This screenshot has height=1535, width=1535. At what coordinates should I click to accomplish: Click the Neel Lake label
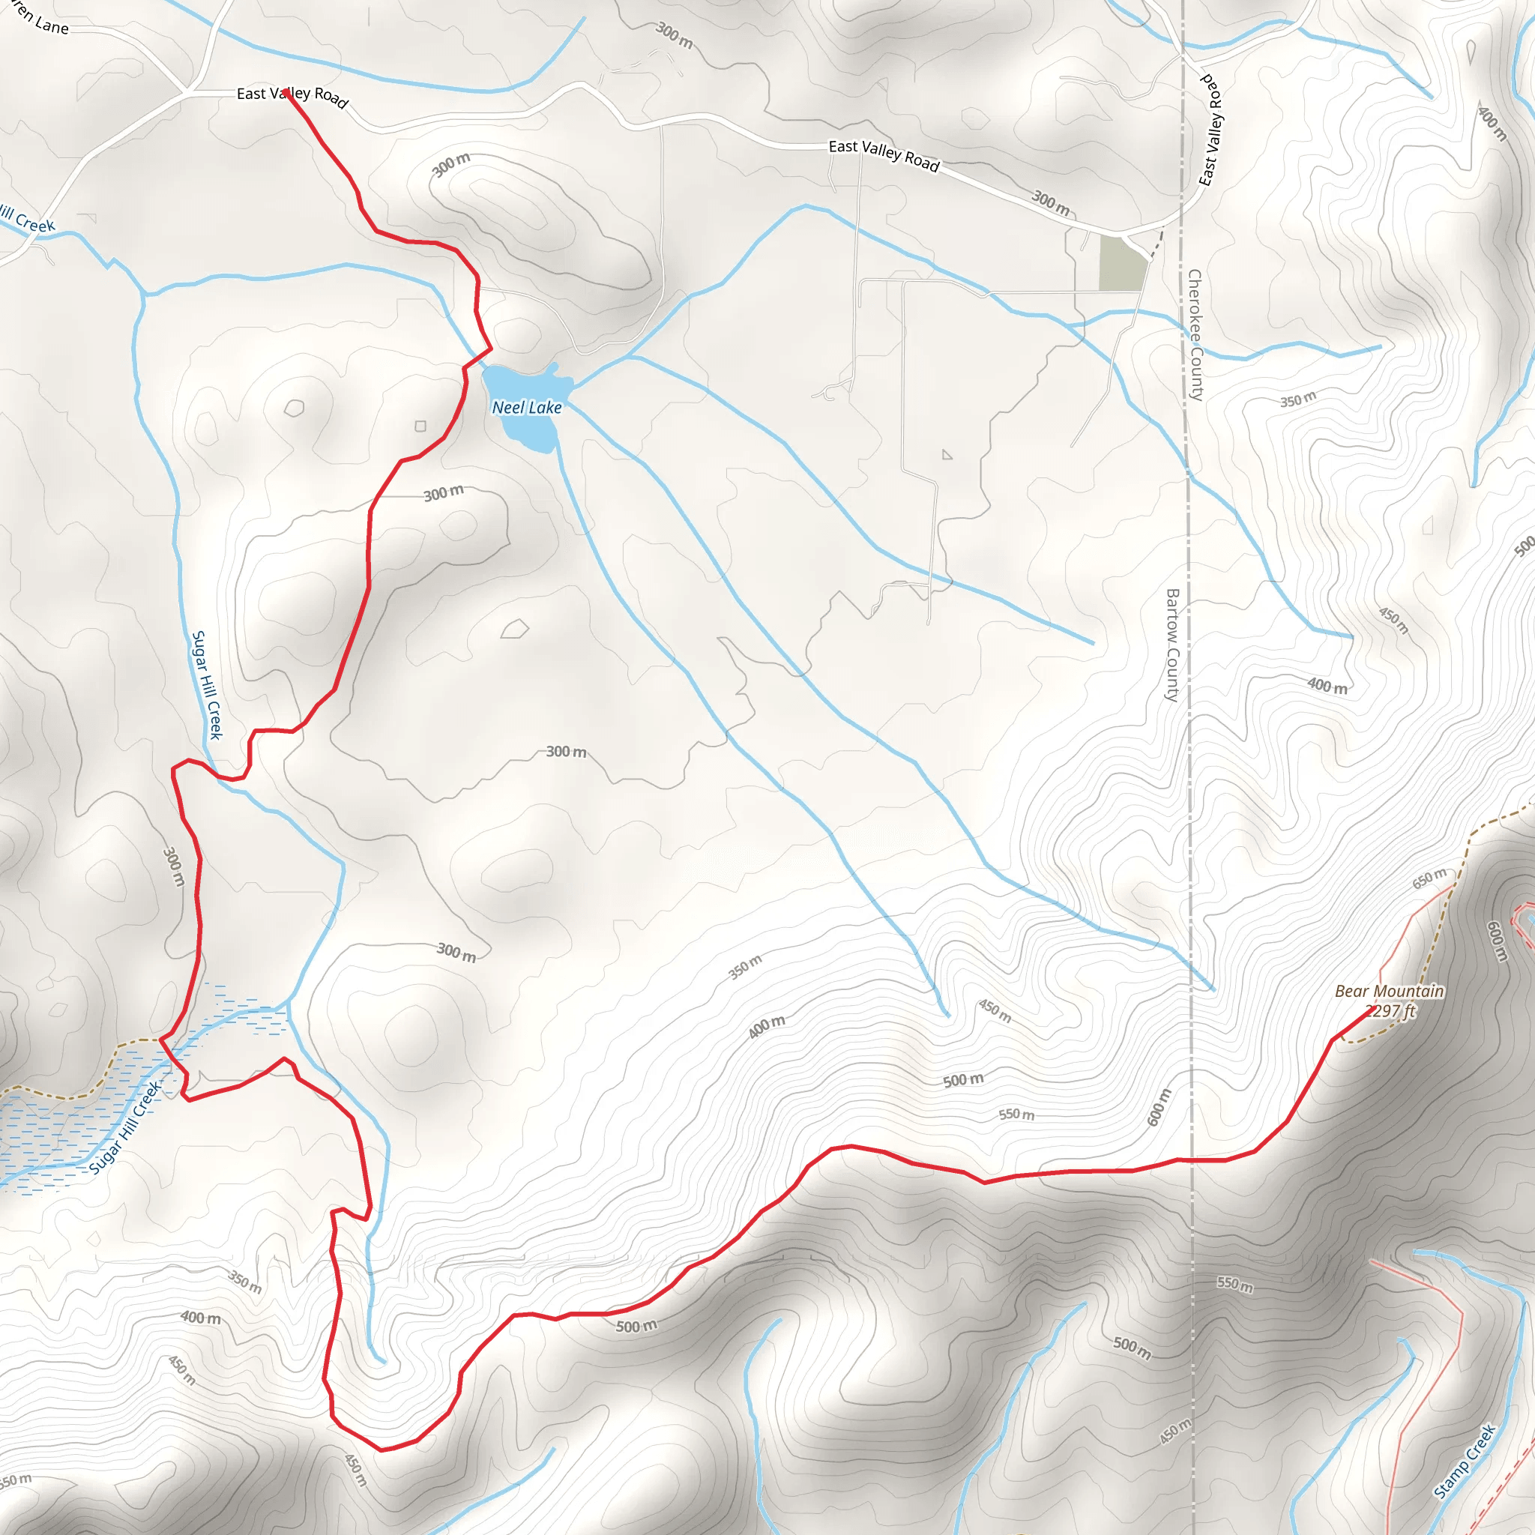tap(527, 408)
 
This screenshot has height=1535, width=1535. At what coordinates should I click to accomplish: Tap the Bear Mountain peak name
tap(1389, 991)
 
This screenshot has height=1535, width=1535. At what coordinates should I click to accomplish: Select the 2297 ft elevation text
tap(1390, 1010)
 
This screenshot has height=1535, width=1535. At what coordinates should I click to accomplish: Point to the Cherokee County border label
tap(1195, 334)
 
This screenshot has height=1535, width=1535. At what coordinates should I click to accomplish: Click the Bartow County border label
tap(1172, 645)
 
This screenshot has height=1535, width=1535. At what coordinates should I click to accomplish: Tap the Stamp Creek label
tap(1465, 1461)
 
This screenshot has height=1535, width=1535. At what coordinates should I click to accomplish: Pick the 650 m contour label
tap(1429, 878)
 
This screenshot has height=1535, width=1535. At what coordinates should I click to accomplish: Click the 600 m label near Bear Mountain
tap(1496, 941)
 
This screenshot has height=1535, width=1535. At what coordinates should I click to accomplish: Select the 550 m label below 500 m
tap(1016, 1115)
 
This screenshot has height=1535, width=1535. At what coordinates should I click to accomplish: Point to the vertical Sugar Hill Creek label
tap(208, 685)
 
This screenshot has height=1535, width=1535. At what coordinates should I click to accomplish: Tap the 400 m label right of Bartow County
tap(1327, 685)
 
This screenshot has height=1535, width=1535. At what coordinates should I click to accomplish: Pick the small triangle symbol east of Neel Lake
tap(947, 454)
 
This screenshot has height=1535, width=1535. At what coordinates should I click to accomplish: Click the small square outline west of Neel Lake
tap(420, 426)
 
